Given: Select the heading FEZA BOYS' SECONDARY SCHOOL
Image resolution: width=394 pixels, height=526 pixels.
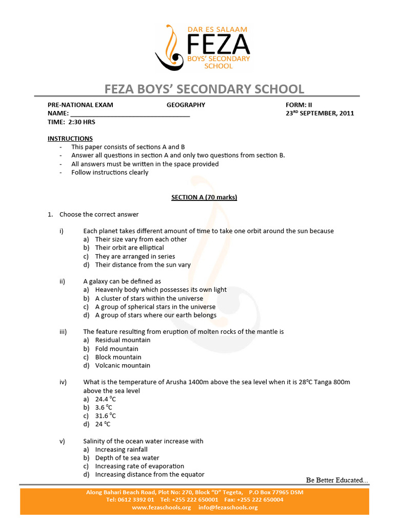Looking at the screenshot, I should [204, 89].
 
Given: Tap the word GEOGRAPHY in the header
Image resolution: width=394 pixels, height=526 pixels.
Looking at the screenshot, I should [186, 105].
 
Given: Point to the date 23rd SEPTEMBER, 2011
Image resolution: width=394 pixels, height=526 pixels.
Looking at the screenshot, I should [320, 114].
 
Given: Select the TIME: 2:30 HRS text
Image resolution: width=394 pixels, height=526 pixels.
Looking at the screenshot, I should [71, 122].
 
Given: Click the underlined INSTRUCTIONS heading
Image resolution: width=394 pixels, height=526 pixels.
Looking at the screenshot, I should [70, 139].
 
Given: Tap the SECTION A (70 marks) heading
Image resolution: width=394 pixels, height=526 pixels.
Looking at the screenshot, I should [197, 197].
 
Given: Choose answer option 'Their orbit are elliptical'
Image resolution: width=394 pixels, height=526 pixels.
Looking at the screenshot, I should [129, 248].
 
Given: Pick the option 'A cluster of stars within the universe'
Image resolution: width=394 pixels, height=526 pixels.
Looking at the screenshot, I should [149, 298].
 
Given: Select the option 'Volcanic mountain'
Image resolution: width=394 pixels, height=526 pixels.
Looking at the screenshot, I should [123, 365].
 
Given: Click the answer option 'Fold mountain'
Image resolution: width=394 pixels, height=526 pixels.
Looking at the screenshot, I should [116, 349].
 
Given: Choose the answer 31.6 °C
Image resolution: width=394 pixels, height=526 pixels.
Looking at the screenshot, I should [106, 416].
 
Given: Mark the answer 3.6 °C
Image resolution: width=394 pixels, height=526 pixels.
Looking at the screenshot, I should [104, 407].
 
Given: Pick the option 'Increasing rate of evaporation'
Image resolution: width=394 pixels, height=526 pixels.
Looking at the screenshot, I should [140, 466].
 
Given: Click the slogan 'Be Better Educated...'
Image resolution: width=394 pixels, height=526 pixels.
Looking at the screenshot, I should [337, 480].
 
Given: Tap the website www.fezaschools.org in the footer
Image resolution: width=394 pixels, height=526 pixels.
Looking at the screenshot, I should [161, 508].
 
